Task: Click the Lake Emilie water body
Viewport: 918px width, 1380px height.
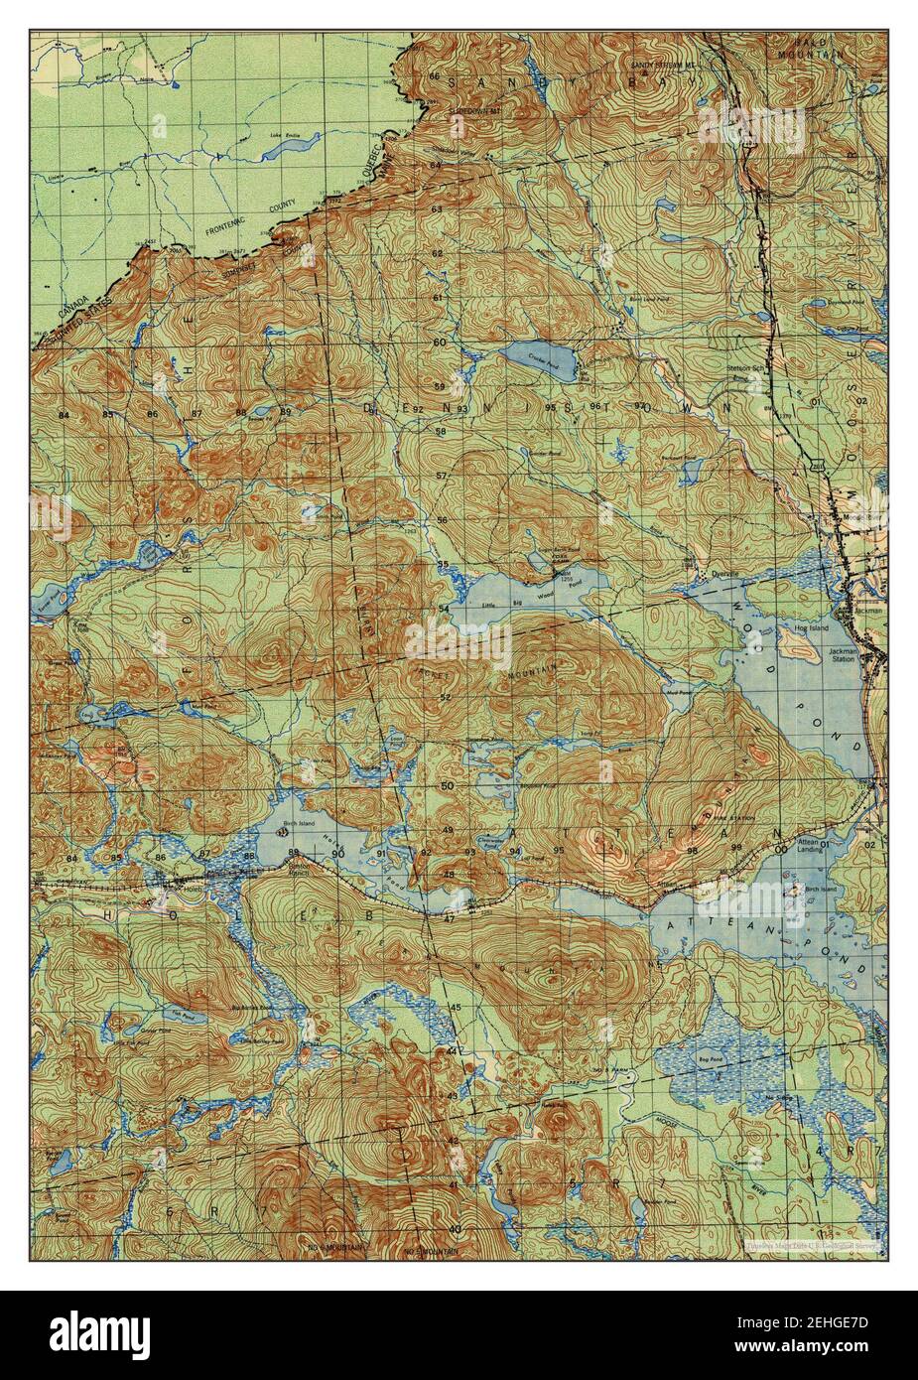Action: point(288,146)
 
